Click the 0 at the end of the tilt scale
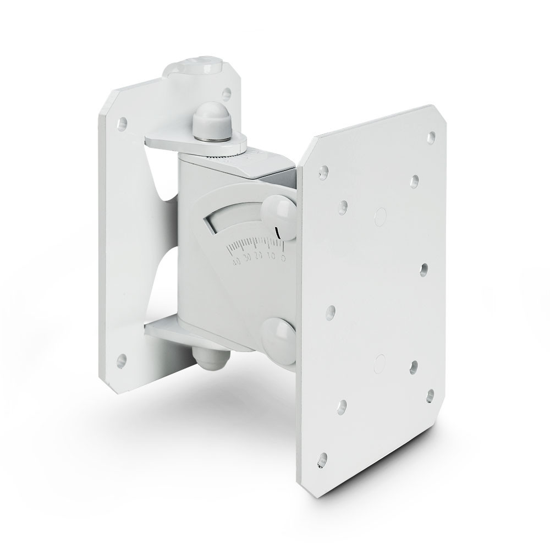coord(283,255)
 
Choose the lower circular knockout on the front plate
coord(380,360)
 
